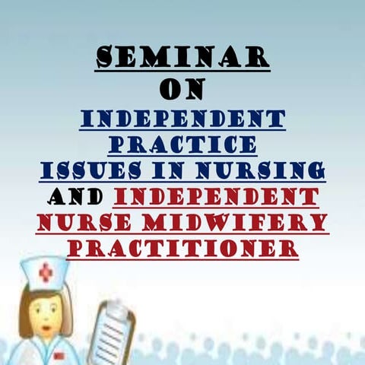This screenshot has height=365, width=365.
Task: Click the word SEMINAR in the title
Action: (182, 56)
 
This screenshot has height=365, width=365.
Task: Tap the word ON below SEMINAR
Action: (182, 89)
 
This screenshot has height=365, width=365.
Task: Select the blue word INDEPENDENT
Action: (182, 119)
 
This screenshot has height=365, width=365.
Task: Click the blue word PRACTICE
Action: (182, 144)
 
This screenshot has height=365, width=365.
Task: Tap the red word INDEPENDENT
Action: (216, 197)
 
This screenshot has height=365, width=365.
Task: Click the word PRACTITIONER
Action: (182, 248)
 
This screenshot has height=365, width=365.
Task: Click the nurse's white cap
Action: (46, 274)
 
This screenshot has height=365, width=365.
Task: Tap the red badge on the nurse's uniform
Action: (59, 355)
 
